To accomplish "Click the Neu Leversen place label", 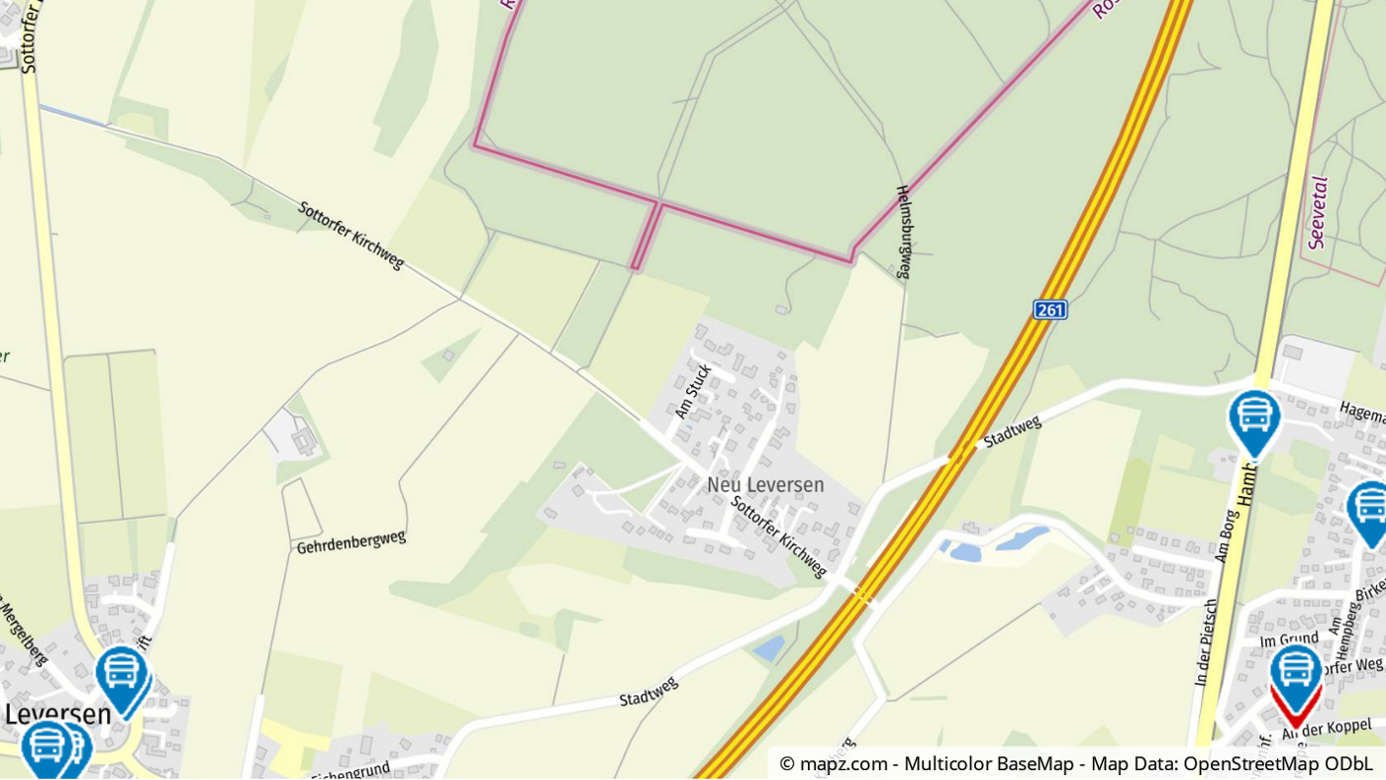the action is (x=765, y=485).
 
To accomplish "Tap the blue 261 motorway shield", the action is (x=1050, y=310).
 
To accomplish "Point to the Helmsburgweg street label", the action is (x=903, y=232).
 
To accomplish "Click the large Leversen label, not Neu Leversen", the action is (x=57, y=714).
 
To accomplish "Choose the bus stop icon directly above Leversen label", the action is (x=122, y=675).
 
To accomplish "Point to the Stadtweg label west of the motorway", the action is (x=648, y=691).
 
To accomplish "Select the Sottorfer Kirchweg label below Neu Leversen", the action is (x=779, y=536).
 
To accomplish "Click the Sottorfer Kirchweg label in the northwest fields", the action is (x=351, y=235).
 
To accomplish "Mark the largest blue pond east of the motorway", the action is (x=1022, y=538).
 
